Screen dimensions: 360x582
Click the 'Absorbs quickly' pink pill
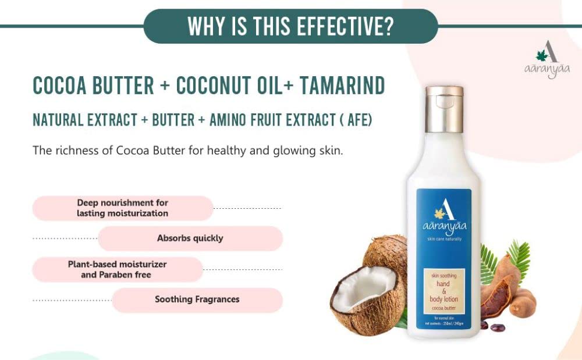[190, 238]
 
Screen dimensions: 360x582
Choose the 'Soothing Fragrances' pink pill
[197, 300]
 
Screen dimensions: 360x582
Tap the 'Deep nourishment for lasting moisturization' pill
[123, 208]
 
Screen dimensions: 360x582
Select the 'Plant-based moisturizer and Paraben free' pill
[117, 269]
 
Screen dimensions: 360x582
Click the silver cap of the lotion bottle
[444, 99]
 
